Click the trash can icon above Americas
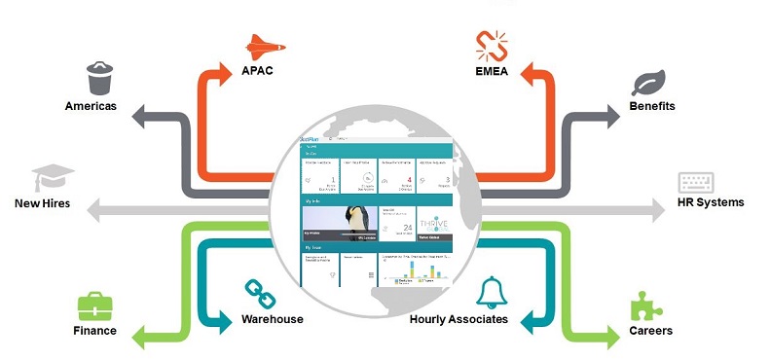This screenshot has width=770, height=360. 98,77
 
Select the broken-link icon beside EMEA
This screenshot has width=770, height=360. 491,45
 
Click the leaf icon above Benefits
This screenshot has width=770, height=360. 648,82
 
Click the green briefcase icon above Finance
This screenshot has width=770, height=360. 95,306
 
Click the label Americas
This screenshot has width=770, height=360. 92,105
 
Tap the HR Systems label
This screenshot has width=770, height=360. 711,202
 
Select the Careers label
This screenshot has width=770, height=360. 649,331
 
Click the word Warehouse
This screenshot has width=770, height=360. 272,318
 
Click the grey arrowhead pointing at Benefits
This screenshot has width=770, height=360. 611,114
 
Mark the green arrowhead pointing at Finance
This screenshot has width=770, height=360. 141,340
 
